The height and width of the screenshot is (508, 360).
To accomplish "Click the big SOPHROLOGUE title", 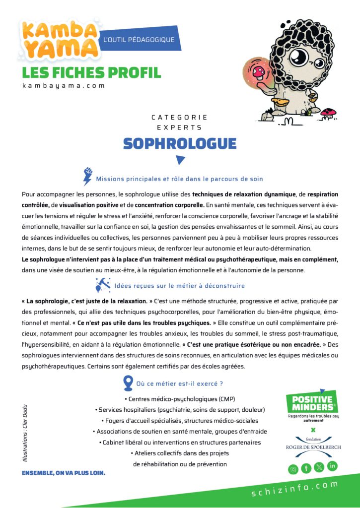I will pos(180,143).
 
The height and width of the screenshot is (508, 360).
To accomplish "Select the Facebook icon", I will pos(306,468).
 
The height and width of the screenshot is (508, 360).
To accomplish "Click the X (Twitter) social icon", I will pos(319,467).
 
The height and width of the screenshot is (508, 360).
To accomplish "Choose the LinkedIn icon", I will pos(332,466).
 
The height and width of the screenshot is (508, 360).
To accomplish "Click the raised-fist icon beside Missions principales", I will pos(88,177).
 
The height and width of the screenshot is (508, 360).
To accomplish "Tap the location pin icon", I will pos(128,382).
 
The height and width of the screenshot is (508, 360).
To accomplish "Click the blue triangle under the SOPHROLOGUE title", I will pos(180,160).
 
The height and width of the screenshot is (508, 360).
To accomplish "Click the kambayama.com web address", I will pos(64,85).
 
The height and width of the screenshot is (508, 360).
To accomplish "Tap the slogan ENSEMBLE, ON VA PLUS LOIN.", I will pos(63,473).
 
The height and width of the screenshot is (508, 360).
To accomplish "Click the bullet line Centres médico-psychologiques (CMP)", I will pos(180,399).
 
